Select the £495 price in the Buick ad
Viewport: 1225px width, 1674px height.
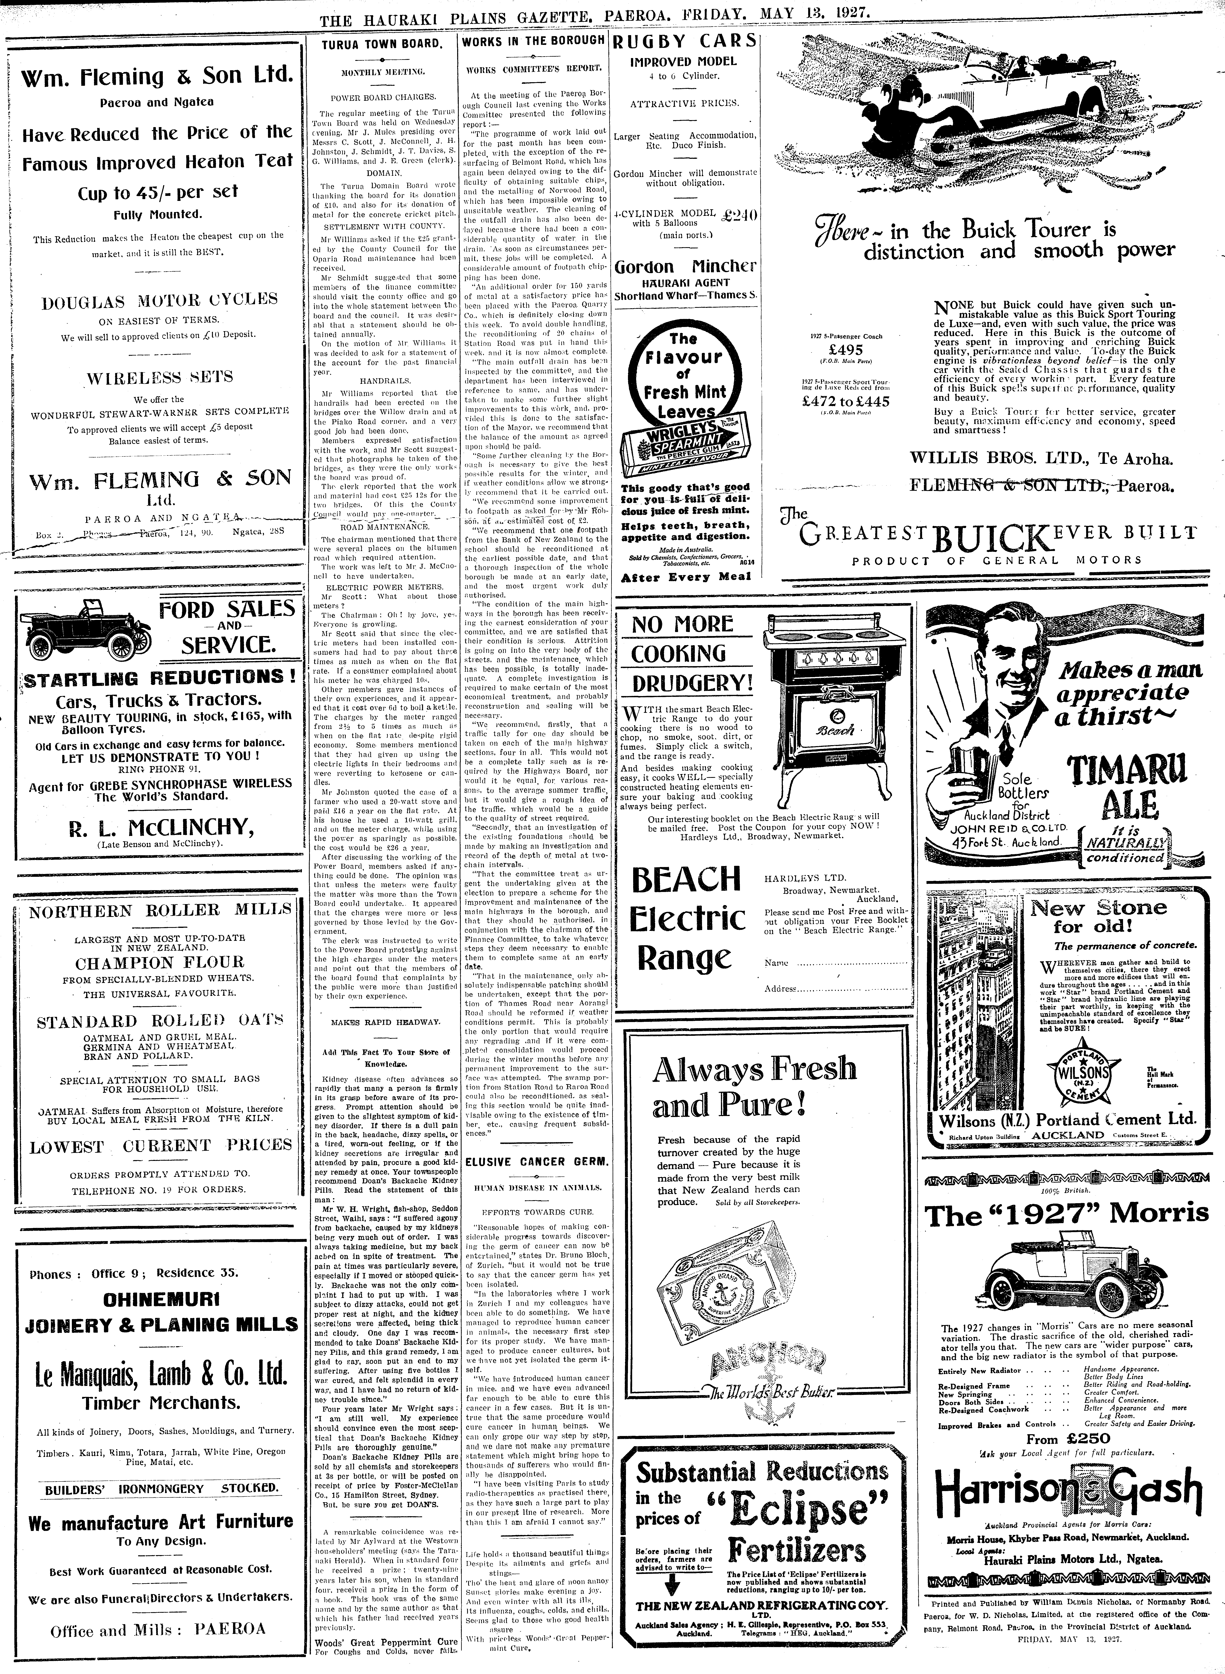click(845, 349)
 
